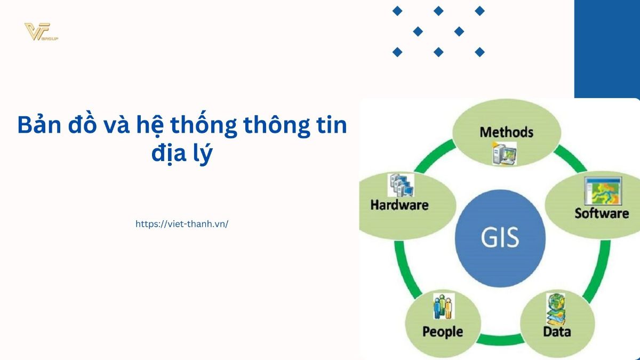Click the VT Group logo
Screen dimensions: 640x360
click(x=41, y=31)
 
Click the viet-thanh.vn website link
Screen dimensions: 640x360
click(x=182, y=224)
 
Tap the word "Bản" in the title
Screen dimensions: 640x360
click(x=39, y=125)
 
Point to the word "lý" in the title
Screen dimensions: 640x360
click(x=203, y=154)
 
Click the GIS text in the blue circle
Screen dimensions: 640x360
click(x=500, y=237)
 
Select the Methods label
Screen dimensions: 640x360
click(x=506, y=132)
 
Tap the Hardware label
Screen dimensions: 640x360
click(x=399, y=205)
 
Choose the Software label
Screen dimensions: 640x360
click(x=602, y=213)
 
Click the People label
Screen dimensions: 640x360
click(x=443, y=332)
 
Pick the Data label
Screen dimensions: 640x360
click(x=557, y=332)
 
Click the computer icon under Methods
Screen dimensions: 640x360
click(x=505, y=154)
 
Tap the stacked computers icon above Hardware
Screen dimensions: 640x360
click(x=401, y=185)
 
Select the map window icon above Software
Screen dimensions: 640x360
click(x=603, y=190)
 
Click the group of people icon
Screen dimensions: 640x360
click(x=444, y=306)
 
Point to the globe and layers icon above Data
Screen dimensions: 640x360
click(x=556, y=309)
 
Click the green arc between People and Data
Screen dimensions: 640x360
click(x=501, y=339)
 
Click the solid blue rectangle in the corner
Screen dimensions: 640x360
click(x=607, y=49)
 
